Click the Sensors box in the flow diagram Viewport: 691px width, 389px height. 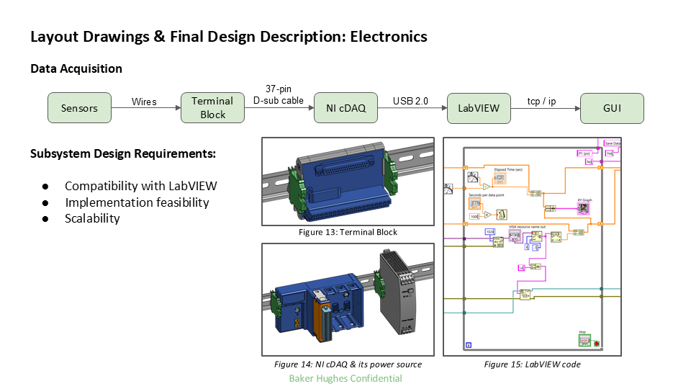click(79, 108)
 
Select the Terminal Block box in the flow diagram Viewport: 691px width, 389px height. click(212, 108)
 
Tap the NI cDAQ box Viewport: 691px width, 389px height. click(345, 108)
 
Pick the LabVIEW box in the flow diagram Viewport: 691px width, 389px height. click(479, 108)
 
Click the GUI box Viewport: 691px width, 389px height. click(612, 108)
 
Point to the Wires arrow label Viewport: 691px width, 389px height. click(144, 102)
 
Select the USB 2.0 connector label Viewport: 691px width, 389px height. click(410, 102)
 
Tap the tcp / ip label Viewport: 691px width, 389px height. click(541, 102)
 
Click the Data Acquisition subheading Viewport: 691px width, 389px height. click(76, 69)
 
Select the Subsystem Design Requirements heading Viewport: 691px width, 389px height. click(123, 154)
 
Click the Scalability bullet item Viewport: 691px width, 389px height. click(92, 218)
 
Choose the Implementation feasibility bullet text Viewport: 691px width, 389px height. click(137, 202)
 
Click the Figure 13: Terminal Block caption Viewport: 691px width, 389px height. click(348, 233)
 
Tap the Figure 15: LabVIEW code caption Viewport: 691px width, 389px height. click(532, 365)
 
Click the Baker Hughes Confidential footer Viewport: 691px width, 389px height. click(345, 378)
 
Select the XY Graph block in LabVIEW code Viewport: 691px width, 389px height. click(583, 206)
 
